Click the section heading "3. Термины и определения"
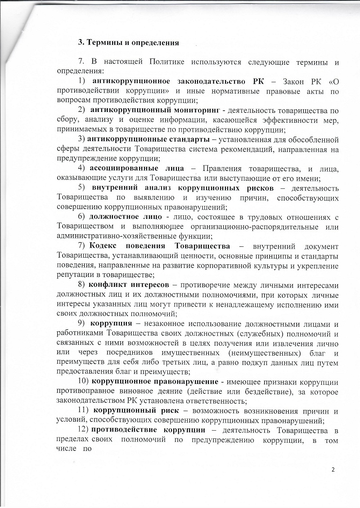tap(129, 43)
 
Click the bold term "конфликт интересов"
tap(129, 285)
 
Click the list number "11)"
tap(85, 411)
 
